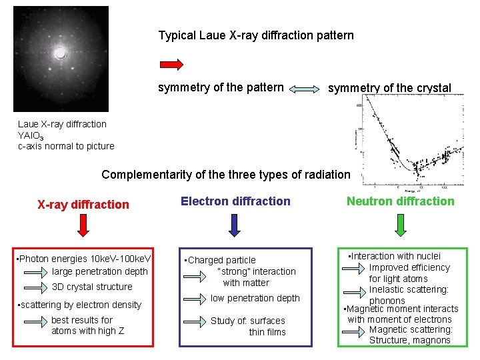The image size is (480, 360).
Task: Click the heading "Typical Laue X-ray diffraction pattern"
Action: point(256,35)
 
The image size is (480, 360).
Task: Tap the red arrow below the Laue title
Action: point(171,64)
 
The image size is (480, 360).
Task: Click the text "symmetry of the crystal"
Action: point(389,89)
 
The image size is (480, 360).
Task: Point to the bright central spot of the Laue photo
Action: point(60,54)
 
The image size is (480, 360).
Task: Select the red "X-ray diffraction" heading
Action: point(83,205)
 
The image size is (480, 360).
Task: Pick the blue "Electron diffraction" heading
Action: point(235,201)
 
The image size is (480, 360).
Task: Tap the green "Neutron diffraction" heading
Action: point(400,201)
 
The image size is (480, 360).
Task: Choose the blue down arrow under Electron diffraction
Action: point(235,225)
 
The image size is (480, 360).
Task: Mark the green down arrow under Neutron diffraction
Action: point(400,225)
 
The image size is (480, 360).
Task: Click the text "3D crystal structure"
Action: point(92,287)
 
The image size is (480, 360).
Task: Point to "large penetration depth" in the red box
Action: point(99,271)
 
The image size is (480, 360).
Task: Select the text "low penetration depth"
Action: point(255,298)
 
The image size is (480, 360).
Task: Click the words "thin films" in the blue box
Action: point(267,332)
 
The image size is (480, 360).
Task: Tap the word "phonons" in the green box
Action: point(387,301)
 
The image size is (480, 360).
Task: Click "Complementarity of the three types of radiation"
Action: point(225,175)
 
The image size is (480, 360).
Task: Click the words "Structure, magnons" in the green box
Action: point(410,341)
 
